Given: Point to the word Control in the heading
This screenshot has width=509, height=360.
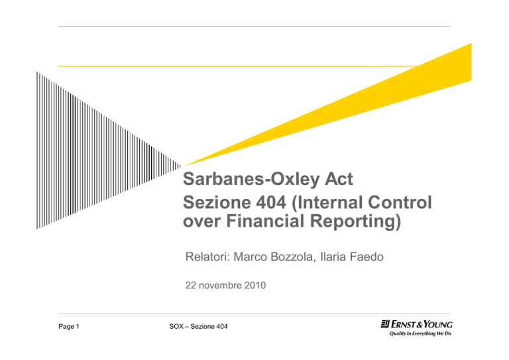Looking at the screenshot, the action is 400,202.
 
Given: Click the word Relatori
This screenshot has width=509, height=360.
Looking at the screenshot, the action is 207,257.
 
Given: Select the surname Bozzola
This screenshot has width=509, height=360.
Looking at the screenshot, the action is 291,257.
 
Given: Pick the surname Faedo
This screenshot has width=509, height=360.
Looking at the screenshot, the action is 367,257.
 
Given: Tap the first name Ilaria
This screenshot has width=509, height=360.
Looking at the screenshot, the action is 333,257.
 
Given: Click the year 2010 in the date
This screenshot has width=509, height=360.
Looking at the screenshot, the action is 254,285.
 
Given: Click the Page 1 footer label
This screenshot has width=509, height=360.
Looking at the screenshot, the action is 69,327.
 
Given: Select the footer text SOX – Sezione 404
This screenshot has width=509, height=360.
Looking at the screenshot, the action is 198,327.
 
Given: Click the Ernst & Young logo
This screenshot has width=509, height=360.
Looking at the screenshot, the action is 416,324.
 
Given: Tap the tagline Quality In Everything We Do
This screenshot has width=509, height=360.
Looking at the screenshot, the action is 420,333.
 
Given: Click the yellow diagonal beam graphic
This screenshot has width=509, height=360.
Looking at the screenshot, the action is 357,107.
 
